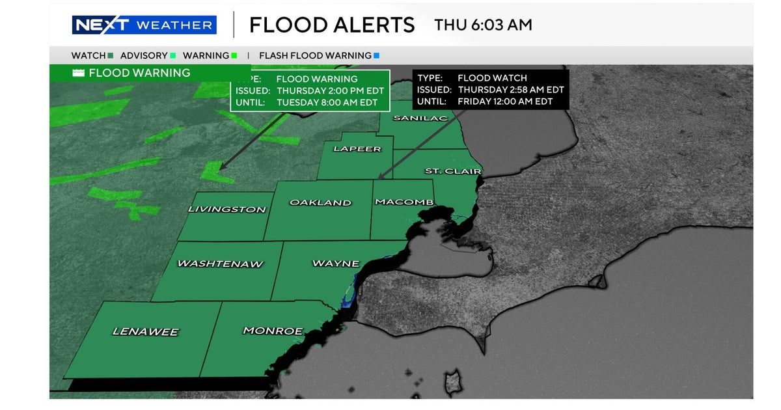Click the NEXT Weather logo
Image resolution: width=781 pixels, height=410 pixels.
143,25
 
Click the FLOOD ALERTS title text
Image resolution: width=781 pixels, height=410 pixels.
332,25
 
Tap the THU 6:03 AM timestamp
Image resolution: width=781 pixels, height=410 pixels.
483,25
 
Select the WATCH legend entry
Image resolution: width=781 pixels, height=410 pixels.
92,56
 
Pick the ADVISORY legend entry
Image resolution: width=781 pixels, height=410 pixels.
147,56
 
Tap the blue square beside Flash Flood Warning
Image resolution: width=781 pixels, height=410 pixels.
376,56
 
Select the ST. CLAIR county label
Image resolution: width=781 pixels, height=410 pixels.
452,171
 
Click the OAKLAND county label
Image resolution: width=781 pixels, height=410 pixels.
320,202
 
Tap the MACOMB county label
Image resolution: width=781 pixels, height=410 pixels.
404,202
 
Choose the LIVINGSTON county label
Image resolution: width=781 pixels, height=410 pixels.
226,210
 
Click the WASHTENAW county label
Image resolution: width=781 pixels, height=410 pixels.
220,264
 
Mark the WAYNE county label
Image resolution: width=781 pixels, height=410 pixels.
336,264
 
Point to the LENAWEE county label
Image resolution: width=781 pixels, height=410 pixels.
145,332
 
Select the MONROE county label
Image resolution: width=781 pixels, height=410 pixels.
273,331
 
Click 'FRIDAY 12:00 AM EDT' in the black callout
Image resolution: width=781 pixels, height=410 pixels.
505,102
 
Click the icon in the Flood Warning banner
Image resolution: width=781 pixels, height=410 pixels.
79,73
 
